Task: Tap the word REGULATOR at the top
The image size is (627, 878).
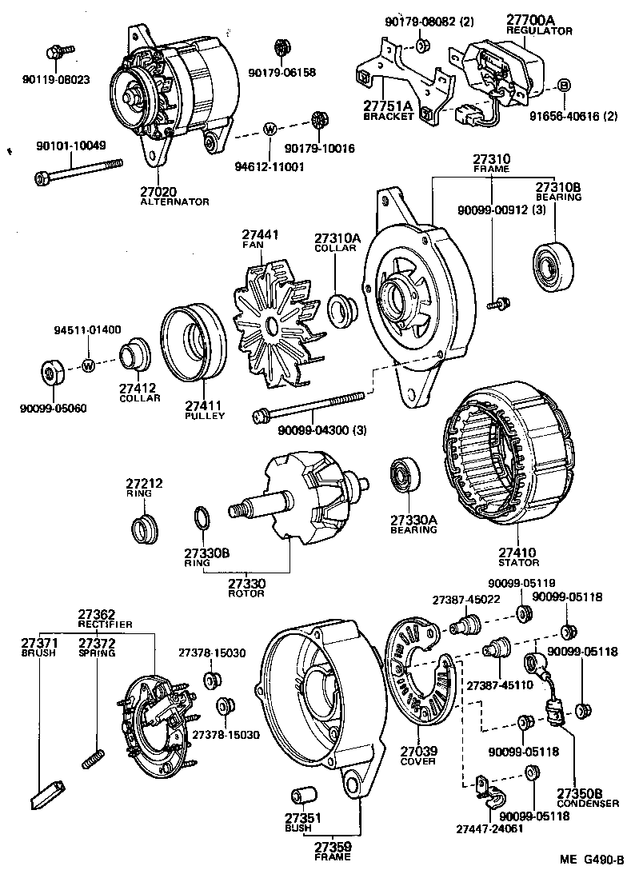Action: pyautogui.click(x=539, y=30)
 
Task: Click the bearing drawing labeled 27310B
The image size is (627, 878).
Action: pyautogui.click(x=551, y=261)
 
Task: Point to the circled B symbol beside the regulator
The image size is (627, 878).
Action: pyautogui.click(x=563, y=86)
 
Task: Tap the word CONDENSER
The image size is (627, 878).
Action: pyautogui.click(x=589, y=803)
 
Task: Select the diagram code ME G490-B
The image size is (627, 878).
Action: pyautogui.click(x=591, y=860)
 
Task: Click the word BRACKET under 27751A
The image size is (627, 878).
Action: pyautogui.click(x=389, y=116)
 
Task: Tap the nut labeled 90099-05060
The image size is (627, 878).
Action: pyautogui.click(x=53, y=373)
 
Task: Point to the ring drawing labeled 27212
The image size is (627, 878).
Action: pyautogui.click(x=144, y=527)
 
